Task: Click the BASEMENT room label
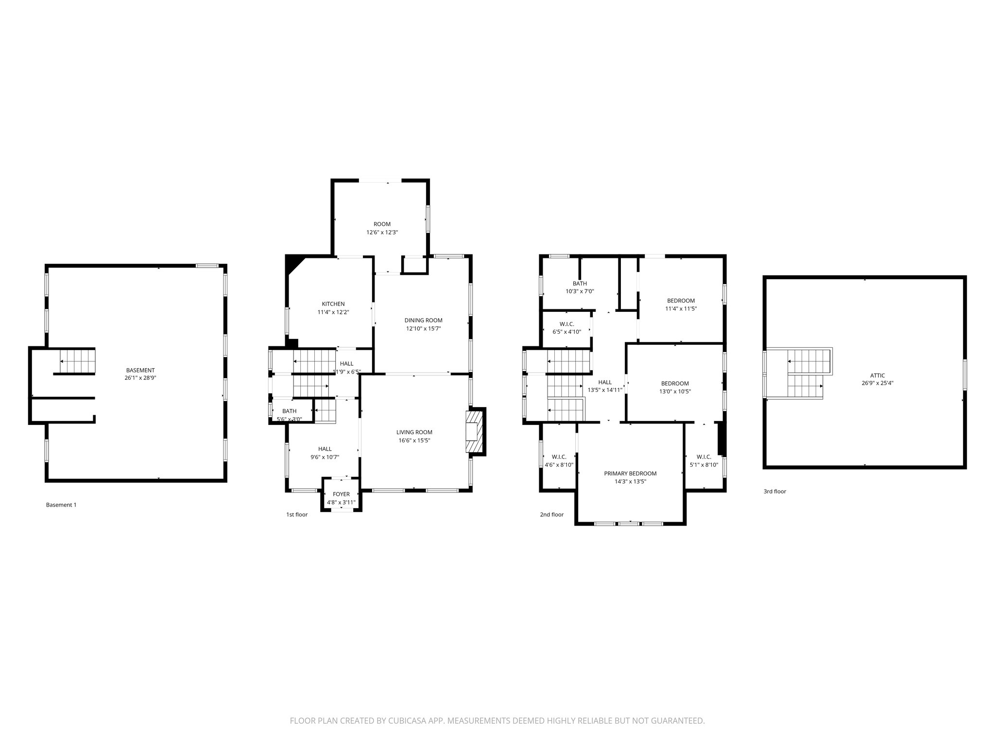(140, 370)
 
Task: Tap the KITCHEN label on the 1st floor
(333, 304)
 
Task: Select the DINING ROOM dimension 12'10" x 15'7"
(423, 328)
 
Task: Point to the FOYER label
(341, 494)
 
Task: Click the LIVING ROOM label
(414, 432)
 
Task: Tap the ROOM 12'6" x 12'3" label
(382, 224)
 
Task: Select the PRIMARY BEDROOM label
(630, 474)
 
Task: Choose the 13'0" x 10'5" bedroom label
(674, 383)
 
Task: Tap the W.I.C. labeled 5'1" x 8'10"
(703, 457)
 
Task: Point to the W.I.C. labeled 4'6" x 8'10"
(559, 457)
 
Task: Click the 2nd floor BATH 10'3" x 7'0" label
(580, 284)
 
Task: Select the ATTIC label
(877, 375)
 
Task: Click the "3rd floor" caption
(774, 492)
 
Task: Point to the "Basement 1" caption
(61, 505)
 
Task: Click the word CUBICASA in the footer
(403, 721)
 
